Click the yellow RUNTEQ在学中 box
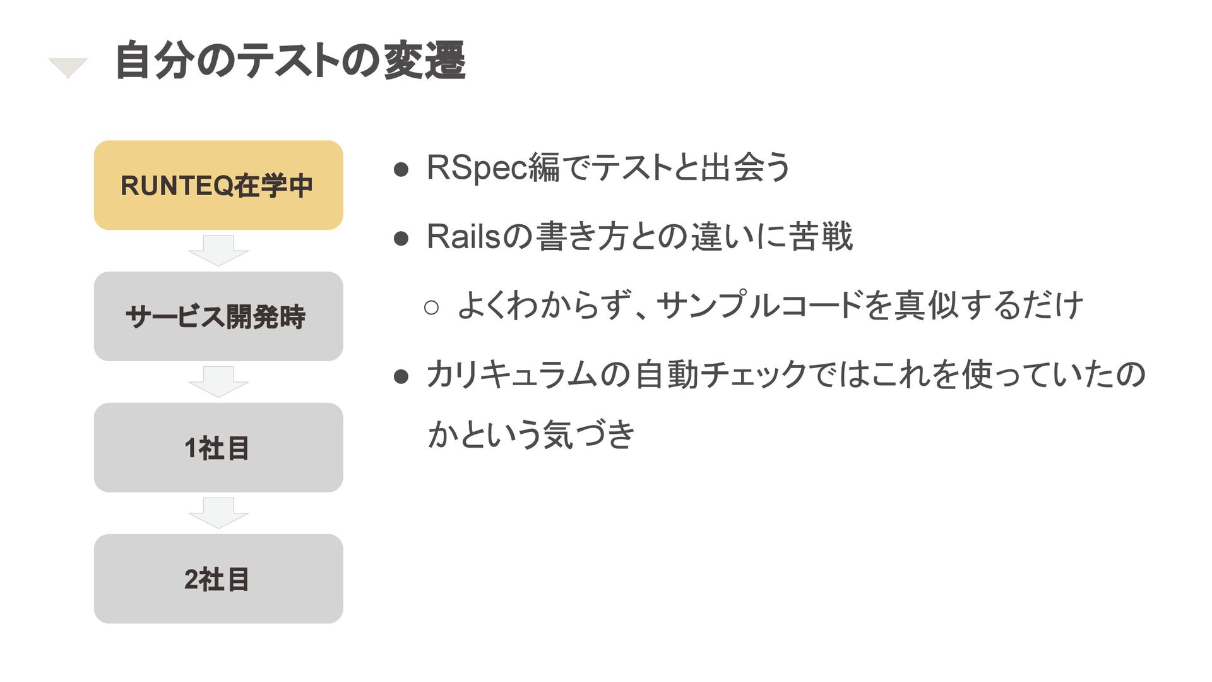218,185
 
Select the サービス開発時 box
218,316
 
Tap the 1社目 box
218,448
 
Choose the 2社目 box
218,579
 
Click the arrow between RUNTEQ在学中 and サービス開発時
218,250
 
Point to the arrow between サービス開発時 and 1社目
218,381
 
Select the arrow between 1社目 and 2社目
218,513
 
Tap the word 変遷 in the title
424,61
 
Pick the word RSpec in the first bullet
476,168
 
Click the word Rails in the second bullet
463,237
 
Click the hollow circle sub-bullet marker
432,308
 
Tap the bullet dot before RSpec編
401,170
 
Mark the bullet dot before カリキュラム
401,377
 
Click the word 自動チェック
720,374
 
